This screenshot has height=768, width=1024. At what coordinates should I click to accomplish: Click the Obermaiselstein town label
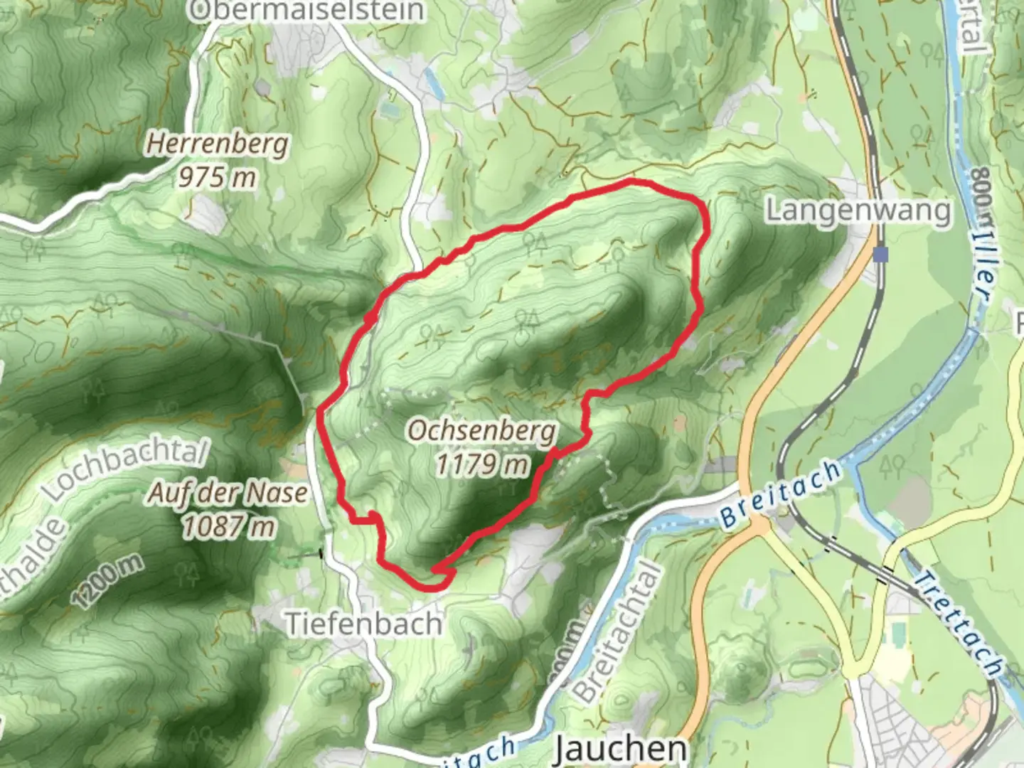pos(308,10)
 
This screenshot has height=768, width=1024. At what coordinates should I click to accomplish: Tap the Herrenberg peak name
pos(218,144)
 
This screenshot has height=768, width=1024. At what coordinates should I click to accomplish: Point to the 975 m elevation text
pos(217,177)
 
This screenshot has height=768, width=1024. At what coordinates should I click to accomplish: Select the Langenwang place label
pos(858,210)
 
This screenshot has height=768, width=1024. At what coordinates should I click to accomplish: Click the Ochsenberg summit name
pos(483,431)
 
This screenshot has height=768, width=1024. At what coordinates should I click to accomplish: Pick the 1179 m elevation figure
pos(483,465)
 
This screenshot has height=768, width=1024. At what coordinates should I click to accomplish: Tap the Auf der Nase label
pos(228,493)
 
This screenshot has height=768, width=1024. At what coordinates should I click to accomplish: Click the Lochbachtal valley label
pos(125,469)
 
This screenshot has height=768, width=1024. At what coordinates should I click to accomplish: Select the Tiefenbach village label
pos(363,624)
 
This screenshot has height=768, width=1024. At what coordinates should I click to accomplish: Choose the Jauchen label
pos(619,749)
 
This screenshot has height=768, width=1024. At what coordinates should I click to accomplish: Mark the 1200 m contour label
pos(107,580)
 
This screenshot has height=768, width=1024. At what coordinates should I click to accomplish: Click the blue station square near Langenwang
pos(882,255)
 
